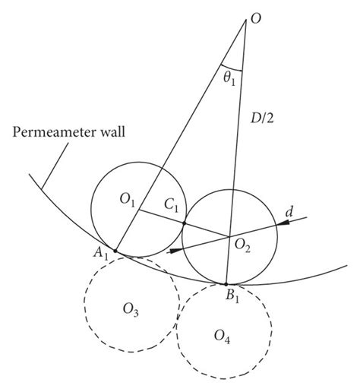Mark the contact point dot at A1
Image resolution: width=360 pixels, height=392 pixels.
coord(115,251)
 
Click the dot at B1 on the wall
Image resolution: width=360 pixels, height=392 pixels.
coord(226,283)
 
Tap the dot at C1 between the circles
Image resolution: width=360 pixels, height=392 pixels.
coord(185,223)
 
